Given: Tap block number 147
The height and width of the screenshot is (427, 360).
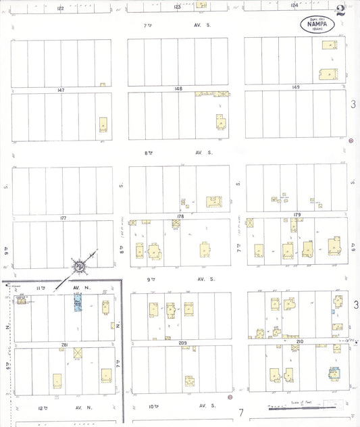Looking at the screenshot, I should [x=61, y=89].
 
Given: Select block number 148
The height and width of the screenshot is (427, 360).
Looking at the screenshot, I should [x=178, y=89].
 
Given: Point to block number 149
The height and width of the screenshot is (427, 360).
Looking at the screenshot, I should [x=295, y=88].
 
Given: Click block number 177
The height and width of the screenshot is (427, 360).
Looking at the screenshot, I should [x=63, y=218].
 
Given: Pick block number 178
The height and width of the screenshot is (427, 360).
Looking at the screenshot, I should [x=180, y=216].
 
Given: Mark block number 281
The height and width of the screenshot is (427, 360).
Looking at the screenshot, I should [x=65, y=345].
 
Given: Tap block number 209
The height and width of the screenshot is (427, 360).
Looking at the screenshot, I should [x=182, y=343].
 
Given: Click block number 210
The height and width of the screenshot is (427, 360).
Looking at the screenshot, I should [x=299, y=343].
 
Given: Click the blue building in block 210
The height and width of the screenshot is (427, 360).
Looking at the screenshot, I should [x=333, y=374].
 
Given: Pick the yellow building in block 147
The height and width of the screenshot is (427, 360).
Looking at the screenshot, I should [x=103, y=125].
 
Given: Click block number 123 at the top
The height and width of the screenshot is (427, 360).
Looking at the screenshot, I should [x=177, y=6].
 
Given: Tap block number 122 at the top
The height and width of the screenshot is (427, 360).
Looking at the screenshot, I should [x=60, y=7].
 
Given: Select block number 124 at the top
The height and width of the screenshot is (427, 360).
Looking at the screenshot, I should [x=294, y=5].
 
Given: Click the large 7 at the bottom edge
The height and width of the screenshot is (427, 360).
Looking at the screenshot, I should [x=240, y=412].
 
